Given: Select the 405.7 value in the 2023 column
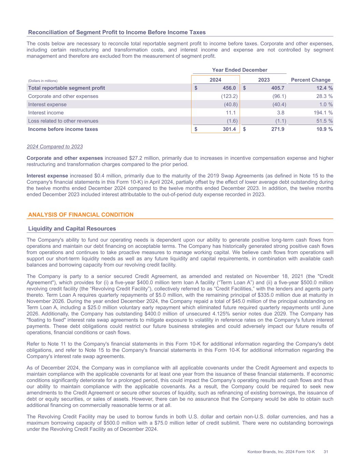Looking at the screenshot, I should click(x=277, y=88).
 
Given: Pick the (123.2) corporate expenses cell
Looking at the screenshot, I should click(x=229, y=96).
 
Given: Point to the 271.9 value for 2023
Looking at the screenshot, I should click(x=277, y=129).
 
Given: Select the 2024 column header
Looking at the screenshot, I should click(x=215, y=80).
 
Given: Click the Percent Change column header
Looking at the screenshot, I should click(x=311, y=80).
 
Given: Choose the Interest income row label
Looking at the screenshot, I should click(x=46, y=113).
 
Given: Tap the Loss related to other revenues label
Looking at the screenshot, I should click(x=63, y=121).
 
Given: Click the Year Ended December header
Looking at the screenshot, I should click(x=240, y=70).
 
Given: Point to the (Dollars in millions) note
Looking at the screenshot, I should click(x=43, y=81).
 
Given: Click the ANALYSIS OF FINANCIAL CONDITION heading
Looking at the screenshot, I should click(x=81, y=215).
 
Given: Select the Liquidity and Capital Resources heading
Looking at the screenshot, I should click(x=72, y=229).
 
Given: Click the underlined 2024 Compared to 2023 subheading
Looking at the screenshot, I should click(x=55, y=147).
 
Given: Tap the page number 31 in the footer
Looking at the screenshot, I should click(x=326, y=452).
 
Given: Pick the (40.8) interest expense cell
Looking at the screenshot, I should click(x=231, y=104).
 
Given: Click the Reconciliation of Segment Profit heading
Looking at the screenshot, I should click(x=117, y=32).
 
